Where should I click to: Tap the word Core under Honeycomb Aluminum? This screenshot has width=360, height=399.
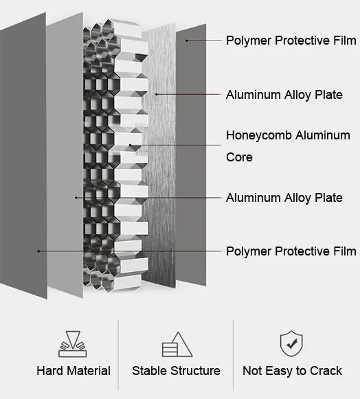pos(240,157)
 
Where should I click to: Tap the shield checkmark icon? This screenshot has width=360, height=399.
pos(291,343)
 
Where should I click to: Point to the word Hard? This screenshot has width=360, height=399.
pos(51,371)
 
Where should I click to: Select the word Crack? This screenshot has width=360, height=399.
pos(325,371)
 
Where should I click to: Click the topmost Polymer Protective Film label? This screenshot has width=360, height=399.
pos(291,41)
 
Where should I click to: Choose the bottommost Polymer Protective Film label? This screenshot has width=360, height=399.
pos(291,251)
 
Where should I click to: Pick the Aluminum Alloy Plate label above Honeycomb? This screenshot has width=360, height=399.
pos(284,95)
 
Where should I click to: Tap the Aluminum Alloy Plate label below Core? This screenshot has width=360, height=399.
pos(284,198)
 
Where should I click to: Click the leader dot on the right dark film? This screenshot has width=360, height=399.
pos(187,41)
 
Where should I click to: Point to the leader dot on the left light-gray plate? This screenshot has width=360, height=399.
pos(76,198)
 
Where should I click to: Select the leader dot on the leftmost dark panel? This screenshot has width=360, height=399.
pos(38,251)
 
